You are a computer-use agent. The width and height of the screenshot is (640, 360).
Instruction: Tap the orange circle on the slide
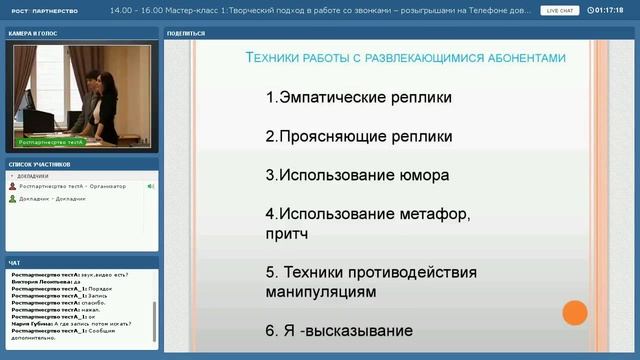coord(574,313)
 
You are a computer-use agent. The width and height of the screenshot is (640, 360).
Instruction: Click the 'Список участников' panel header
coord(39,163)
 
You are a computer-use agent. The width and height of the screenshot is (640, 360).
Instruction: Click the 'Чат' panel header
coord(14,263)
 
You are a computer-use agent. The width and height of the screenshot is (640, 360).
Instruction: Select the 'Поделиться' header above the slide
coord(187,33)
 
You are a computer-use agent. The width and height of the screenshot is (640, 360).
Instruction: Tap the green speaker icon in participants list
coord(150,186)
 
